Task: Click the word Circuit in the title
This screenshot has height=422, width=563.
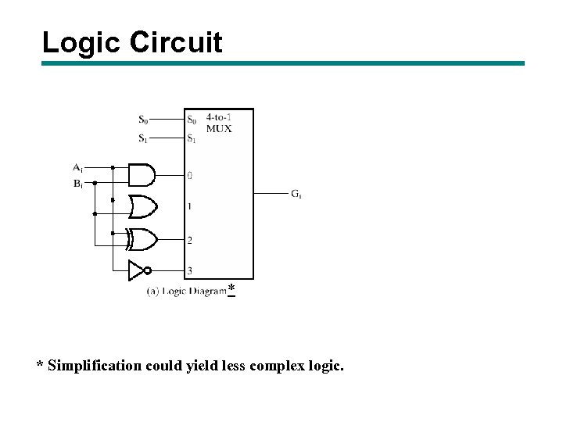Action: tap(176, 42)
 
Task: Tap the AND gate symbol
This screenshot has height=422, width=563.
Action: tap(141, 174)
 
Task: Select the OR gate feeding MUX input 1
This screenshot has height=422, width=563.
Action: tap(142, 206)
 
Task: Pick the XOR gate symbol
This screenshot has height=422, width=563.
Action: tap(143, 238)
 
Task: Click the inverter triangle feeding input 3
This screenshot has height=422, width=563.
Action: tap(138, 271)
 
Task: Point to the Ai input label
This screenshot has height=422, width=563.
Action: tap(77, 167)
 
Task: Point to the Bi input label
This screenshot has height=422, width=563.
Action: tap(77, 184)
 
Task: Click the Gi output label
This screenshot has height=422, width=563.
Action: tap(297, 193)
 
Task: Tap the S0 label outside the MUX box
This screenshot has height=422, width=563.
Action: tap(143, 120)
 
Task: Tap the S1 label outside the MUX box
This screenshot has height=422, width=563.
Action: tap(143, 139)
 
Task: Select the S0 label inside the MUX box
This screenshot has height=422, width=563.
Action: tap(192, 120)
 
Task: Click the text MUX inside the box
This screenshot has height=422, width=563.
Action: tap(219, 128)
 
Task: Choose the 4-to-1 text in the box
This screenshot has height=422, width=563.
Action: tap(219, 117)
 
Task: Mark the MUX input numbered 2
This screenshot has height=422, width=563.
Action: tap(189, 240)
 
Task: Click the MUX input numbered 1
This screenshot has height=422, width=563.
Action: tap(189, 206)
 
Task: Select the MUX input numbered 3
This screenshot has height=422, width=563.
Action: tap(189, 271)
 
